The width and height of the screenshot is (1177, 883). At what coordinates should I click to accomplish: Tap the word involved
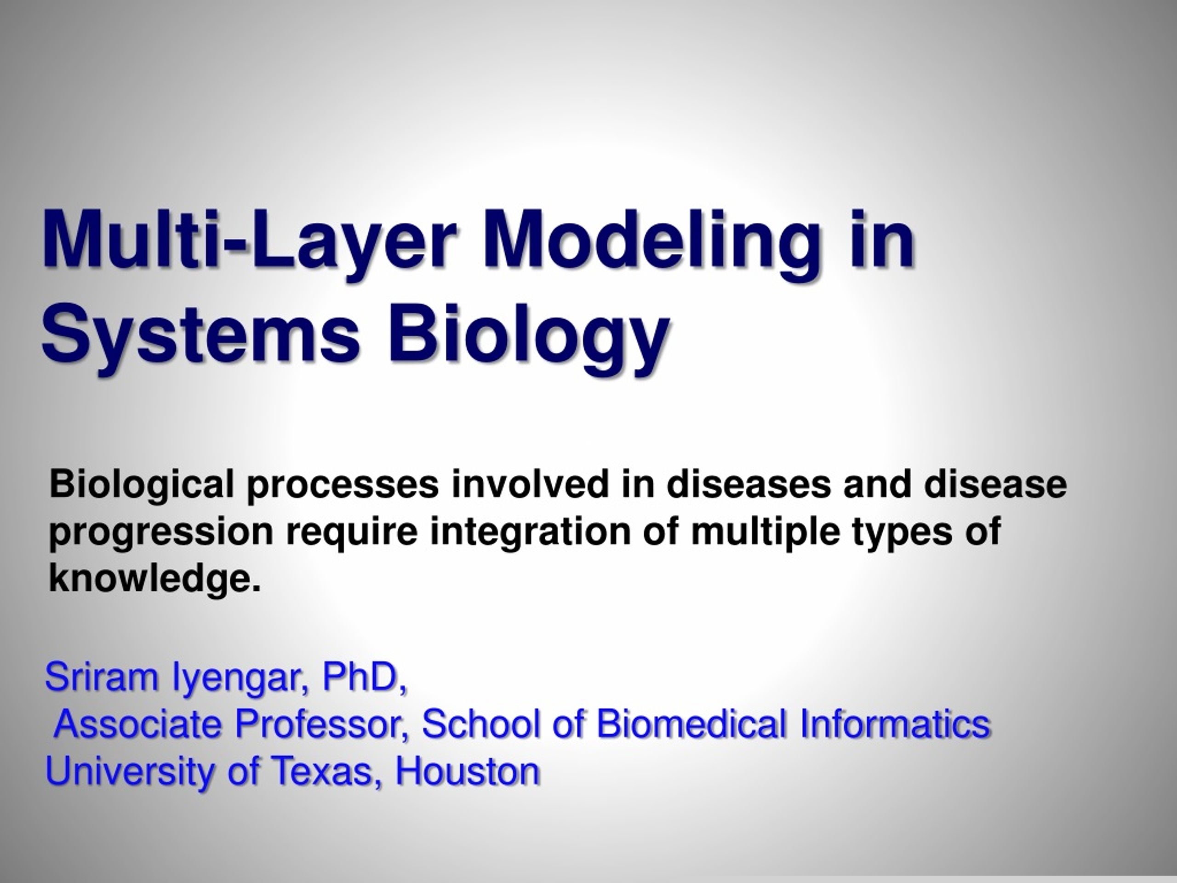coord(530,484)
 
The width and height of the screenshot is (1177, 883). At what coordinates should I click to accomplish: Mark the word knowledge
coord(155,578)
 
